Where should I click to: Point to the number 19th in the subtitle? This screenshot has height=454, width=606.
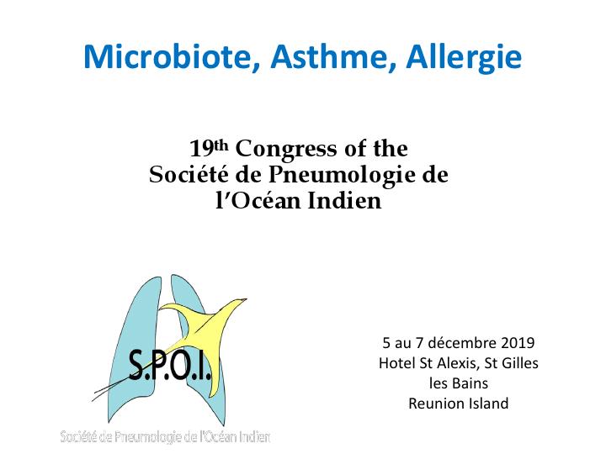coord(209,150)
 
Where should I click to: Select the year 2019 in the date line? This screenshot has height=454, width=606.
coord(518,343)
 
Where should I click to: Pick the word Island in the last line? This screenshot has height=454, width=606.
coord(489,404)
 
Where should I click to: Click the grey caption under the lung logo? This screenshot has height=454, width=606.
coord(165,436)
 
